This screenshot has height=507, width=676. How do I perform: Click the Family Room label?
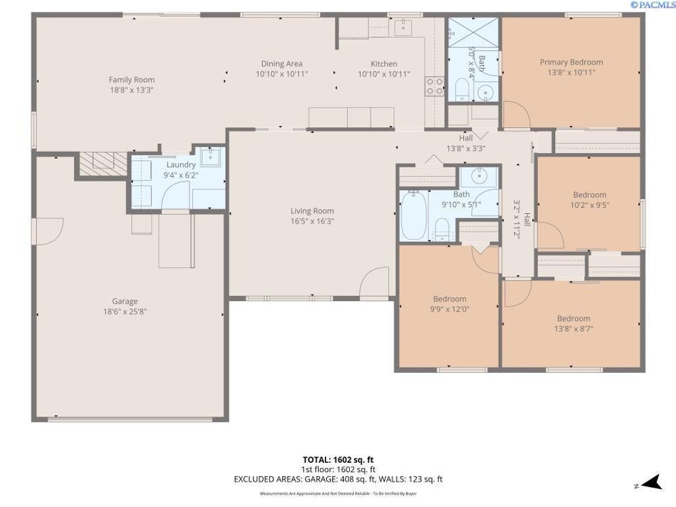point(132,80)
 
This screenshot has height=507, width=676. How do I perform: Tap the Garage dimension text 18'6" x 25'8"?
point(125,312)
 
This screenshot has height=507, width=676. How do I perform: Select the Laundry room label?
point(181,164)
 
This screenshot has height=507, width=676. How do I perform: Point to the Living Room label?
point(312,211)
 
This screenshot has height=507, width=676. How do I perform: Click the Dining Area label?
point(282,64)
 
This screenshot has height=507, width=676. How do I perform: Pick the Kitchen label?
point(384,64)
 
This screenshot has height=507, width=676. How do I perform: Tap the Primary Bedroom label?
point(571,63)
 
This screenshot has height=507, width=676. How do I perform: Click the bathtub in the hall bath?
point(415,215)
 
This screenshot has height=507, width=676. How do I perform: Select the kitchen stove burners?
point(434,86)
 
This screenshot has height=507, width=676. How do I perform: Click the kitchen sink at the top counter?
point(403,27)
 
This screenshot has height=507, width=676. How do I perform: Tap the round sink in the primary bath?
point(487,91)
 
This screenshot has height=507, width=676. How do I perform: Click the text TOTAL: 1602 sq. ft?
point(338,459)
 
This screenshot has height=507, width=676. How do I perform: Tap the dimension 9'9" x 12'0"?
point(450,308)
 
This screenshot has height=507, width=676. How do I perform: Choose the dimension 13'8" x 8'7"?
point(573,328)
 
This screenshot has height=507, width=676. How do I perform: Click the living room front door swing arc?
point(374,281)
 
